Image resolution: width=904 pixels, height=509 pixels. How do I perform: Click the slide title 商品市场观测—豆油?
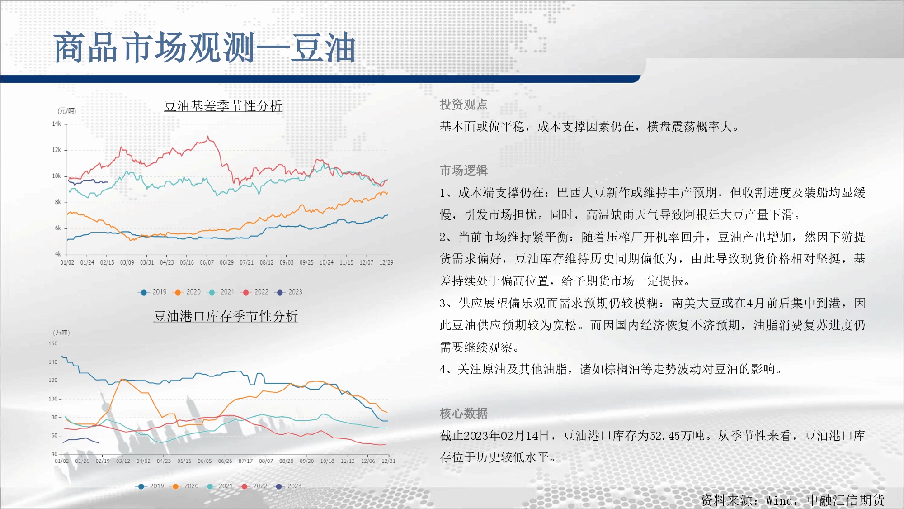205,48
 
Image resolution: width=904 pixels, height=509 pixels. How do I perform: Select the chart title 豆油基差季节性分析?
223,106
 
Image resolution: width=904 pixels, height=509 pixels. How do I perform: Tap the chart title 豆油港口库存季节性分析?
226,316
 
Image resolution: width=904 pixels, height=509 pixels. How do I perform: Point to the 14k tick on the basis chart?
56,124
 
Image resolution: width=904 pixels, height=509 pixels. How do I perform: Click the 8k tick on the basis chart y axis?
58,202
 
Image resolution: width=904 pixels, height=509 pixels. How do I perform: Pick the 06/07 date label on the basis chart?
207,262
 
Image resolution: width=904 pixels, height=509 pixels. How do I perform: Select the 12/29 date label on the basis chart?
386,262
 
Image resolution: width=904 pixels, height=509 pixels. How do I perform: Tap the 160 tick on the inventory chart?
53,343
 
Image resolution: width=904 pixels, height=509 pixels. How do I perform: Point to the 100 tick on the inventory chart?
53,399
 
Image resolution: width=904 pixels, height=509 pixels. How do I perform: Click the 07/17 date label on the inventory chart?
245,461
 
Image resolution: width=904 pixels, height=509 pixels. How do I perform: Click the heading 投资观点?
464,105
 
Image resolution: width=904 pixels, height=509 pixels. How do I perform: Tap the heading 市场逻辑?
464,171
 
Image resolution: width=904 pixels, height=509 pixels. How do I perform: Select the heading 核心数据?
464,414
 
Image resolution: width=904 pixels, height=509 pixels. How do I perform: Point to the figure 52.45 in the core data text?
665,436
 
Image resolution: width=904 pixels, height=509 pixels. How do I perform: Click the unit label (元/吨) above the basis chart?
66,111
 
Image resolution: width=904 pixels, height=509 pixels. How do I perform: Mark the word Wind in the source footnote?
779,500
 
